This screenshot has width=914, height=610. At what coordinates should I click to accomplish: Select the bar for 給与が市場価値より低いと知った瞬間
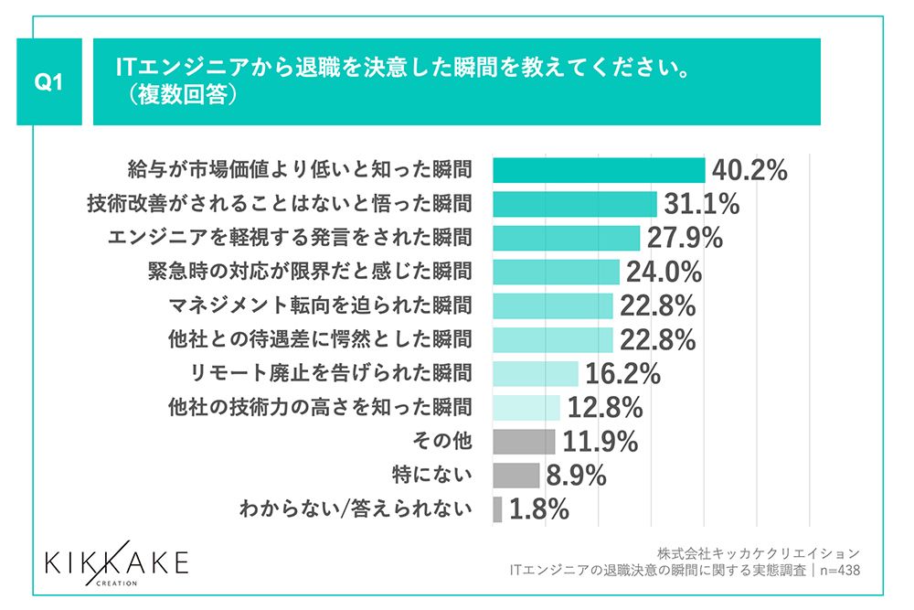[x=599, y=170]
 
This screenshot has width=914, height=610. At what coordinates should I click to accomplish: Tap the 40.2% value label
[x=749, y=171]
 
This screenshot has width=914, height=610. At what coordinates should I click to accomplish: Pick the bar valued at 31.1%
[x=575, y=204]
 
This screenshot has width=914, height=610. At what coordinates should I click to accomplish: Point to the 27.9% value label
[x=685, y=238]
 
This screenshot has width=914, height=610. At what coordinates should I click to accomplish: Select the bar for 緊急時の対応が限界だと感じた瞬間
[x=557, y=272]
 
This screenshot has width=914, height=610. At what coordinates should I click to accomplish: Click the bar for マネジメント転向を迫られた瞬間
[x=552, y=305]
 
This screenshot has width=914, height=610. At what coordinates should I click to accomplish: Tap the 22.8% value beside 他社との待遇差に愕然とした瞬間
[x=658, y=339]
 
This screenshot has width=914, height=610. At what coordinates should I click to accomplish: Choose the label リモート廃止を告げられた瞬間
[x=322, y=373]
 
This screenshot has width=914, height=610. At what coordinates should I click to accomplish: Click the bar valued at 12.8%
[x=526, y=407]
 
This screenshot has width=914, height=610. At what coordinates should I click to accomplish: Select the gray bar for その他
[x=524, y=441]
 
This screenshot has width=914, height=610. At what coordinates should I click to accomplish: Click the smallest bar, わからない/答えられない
[x=497, y=508]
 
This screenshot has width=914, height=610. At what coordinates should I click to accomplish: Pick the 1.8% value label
[x=539, y=509]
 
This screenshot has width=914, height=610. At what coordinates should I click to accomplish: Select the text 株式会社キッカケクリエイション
[x=758, y=553]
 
